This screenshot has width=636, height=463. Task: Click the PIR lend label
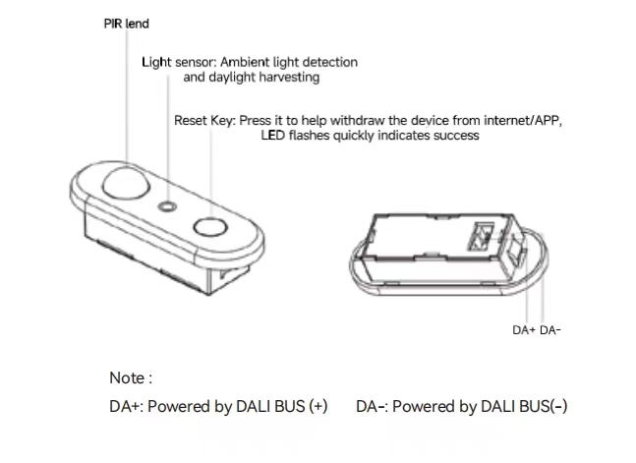(127, 24)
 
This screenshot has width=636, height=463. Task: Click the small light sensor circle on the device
(169, 207)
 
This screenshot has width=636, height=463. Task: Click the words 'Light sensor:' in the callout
(175, 62)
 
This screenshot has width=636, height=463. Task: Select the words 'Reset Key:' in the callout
(204, 120)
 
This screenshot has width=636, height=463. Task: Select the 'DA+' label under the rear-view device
(524, 330)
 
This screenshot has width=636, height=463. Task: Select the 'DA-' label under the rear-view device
(550, 330)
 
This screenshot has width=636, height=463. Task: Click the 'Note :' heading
(131, 377)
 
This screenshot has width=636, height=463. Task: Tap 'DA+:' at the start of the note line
(126, 406)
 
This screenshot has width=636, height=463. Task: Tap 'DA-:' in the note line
(372, 406)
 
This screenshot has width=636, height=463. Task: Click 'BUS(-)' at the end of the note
(545, 406)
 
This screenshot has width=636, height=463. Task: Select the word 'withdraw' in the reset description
(360, 120)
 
